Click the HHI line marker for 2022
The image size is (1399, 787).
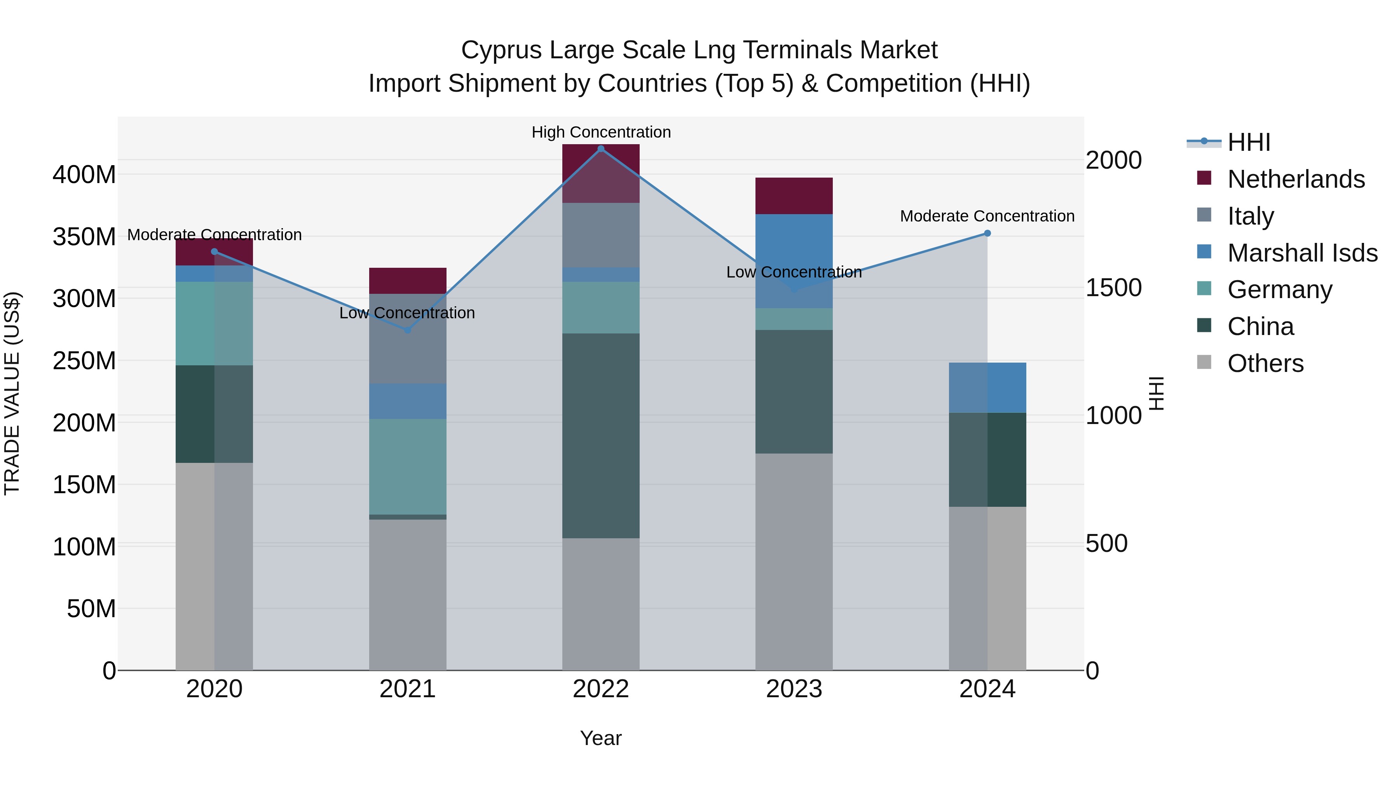(601, 149)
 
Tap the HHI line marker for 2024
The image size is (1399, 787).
(987, 234)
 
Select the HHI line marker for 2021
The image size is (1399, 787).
(408, 330)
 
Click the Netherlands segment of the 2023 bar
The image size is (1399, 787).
(794, 196)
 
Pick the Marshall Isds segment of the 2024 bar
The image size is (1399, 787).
(987, 388)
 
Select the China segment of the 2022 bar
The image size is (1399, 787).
(601, 436)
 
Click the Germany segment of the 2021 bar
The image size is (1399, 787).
(408, 466)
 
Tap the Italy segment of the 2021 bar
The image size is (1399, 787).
(408, 339)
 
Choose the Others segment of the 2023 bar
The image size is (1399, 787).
(794, 562)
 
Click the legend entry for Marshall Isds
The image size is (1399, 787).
(1302, 253)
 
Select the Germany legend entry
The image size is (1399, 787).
(1280, 290)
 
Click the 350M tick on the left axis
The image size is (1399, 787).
(84, 237)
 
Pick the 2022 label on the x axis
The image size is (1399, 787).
(601, 689)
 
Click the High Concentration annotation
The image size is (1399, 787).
(601, 133)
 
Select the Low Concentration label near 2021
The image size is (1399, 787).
(407, 313)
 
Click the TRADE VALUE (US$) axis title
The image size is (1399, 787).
(12, 393)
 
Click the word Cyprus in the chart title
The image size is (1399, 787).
(501, 51)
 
